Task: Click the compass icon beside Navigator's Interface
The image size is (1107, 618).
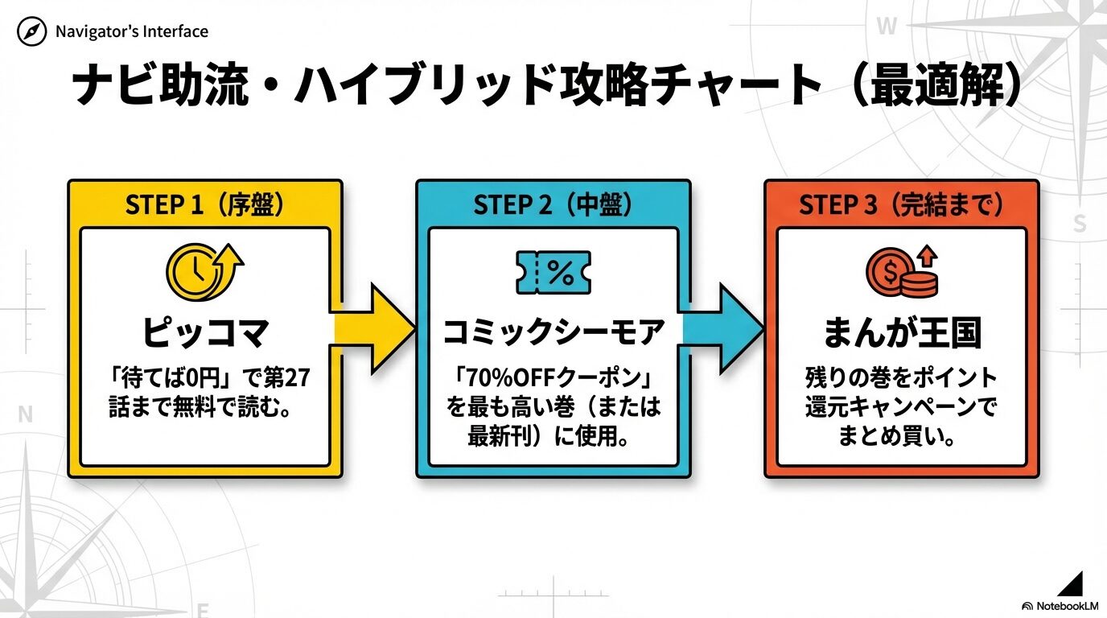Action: pyautogui.click(x=32, y=32)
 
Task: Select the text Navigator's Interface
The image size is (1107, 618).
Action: pyautogui.click(x=132, y=32)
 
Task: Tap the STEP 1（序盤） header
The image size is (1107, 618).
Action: pyautogui.click(x=204, y=205)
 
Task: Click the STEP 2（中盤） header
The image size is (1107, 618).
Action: pyautogui.click(x=553, y=205)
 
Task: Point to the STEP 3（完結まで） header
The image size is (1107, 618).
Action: pyautogui.click(x=901, y=205)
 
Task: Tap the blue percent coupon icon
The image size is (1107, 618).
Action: pyautogui.click(x=553, y=273)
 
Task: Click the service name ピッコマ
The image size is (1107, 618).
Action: pyautogui.click(x=204, y=332)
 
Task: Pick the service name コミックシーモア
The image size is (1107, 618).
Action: pyautogui.click(x=553, y=332)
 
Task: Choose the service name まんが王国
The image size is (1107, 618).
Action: pyautogui.click(x=901, y=332)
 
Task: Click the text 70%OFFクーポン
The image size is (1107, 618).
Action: pyautogui.click(x=553, y=377)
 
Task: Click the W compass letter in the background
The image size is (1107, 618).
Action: pyautogui.click(x=886, y=27)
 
